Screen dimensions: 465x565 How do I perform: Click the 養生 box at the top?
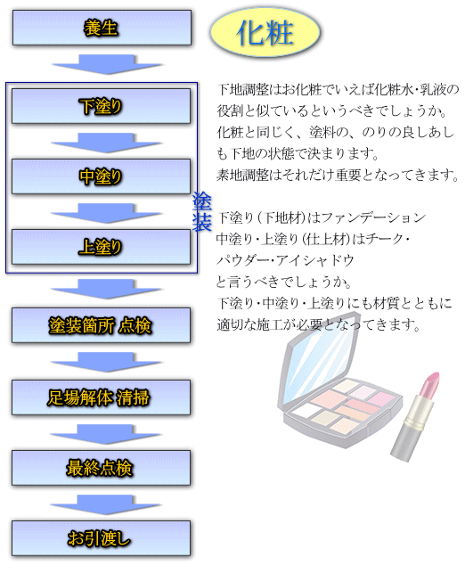pos(102,28)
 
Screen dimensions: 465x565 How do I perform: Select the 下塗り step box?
pos(101,106)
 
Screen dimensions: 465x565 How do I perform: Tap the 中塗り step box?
pos(101,176)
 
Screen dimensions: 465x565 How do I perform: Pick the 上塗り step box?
pos(101,247)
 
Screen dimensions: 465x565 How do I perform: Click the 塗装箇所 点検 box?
pos(101,325)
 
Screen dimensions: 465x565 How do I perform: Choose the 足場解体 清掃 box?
pos(101,397)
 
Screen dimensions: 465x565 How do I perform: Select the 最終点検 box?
pos(101,468)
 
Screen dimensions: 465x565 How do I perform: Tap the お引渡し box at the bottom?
pos(101,538)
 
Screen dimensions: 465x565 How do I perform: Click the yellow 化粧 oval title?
pos(265,33)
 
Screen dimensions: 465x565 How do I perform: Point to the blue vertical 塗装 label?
pos(201,212)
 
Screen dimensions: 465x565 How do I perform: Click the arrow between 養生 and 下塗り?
pos(107,64)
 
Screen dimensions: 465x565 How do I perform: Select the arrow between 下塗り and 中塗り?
pos(106,143)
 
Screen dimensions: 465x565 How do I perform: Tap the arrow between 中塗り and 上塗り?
pos(106,213)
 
